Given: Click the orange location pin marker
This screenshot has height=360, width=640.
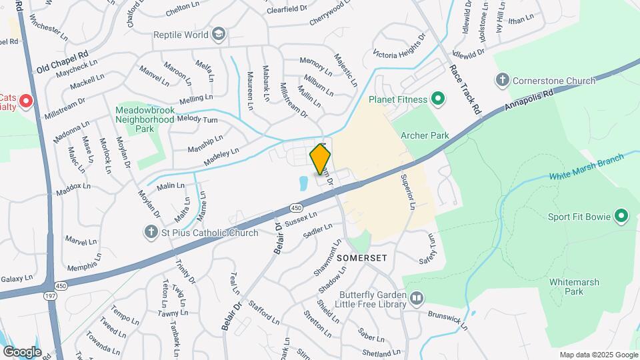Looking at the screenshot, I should [x=320, y=159].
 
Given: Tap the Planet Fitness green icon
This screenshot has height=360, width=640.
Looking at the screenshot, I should [x=438, y=100].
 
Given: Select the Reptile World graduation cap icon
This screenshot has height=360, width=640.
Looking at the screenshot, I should [x=219, y=35].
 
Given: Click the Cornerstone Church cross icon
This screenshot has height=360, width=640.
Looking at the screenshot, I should [x=503, y=81].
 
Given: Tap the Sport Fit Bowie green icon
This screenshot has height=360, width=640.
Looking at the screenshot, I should [x=621, y=216].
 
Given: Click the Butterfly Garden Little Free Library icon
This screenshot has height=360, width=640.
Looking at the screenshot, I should [x=417, y=297].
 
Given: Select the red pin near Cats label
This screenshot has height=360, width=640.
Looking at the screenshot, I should [x=26, y=101].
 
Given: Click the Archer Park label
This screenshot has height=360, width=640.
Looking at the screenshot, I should [x=425, y=135].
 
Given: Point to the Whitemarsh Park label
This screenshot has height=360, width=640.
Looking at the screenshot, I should [x=566, y=286].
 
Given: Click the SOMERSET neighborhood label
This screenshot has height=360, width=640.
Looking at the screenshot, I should [x=361, y=257].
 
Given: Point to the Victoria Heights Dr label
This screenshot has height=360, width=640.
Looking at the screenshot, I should [x=399, y=45].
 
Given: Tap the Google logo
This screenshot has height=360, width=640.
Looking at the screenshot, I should [x=22, y=351].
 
